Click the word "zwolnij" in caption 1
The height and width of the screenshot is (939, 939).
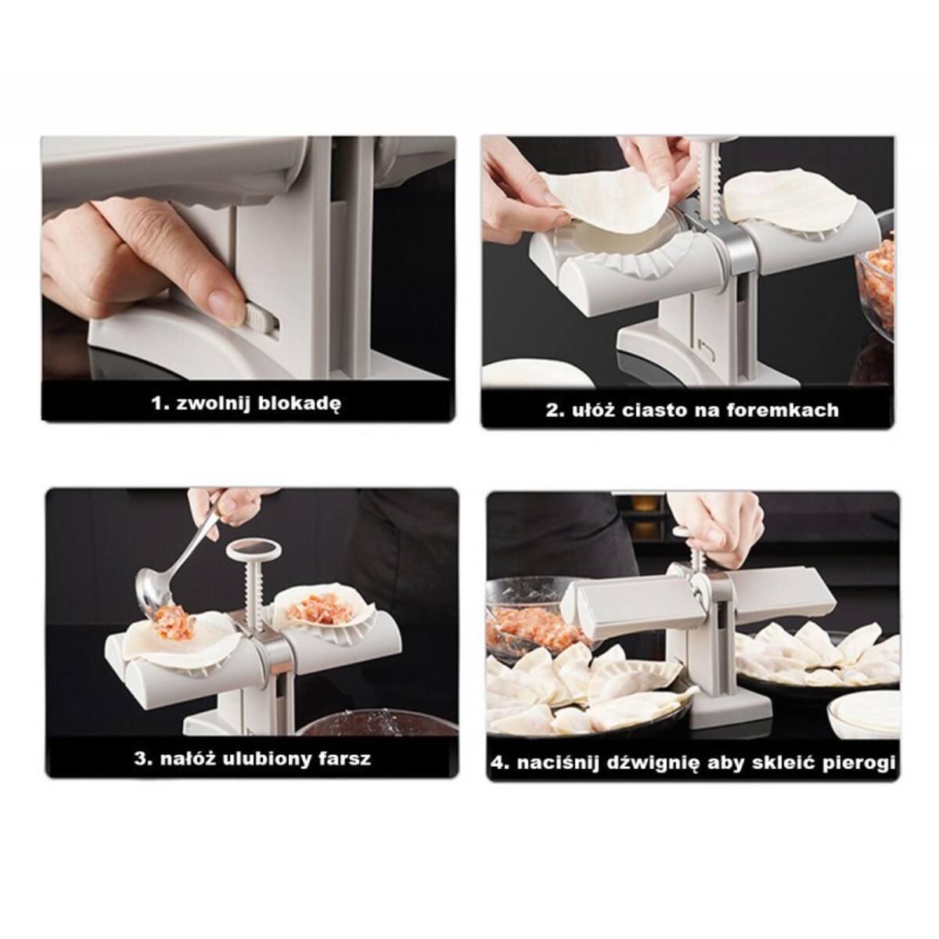pos(213,403)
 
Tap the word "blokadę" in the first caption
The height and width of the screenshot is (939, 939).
pos(299,403)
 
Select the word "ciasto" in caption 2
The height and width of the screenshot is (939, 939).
pos(653,410)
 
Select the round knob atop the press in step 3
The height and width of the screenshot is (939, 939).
pos(254,551)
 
